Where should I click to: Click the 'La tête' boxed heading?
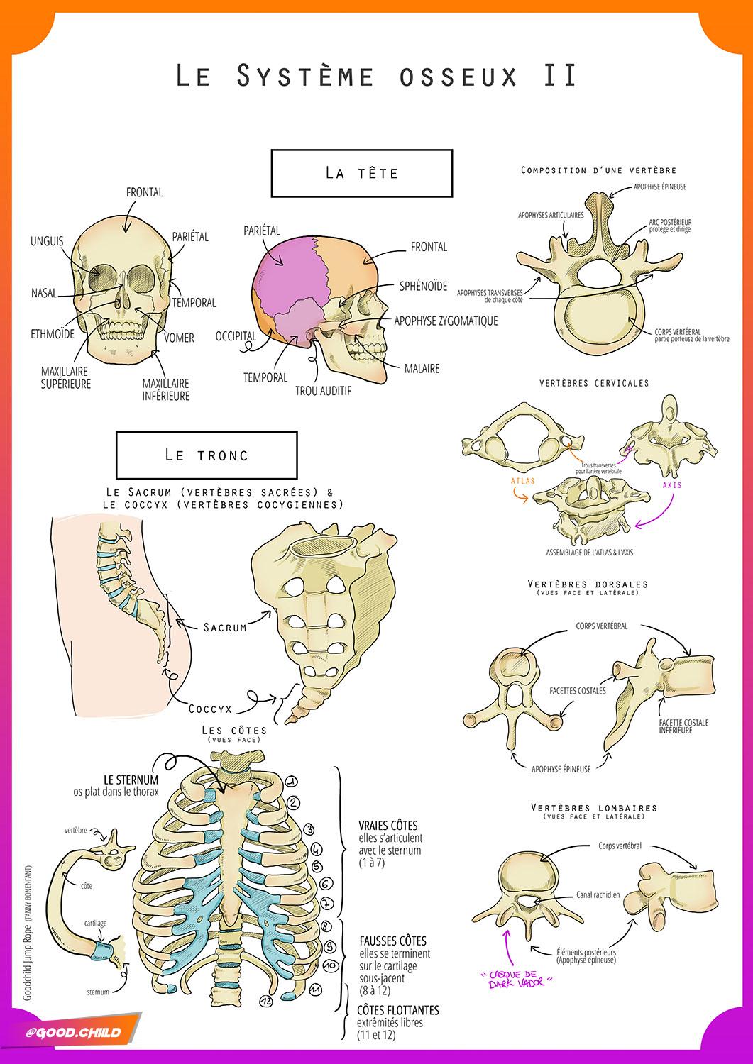361,173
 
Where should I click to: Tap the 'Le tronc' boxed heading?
207,455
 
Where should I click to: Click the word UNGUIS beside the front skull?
47,241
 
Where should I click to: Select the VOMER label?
178,338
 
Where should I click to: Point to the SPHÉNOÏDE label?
423,286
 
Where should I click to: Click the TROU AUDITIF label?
323,391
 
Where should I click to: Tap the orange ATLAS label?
522,480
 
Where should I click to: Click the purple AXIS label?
671,485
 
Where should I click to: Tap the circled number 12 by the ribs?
266,1000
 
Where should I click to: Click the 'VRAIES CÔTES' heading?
388,826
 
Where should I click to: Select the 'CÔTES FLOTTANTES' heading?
397,1009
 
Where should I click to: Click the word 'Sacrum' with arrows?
224,627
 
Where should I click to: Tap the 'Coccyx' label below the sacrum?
210,708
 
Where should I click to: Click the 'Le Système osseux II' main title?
377,75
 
